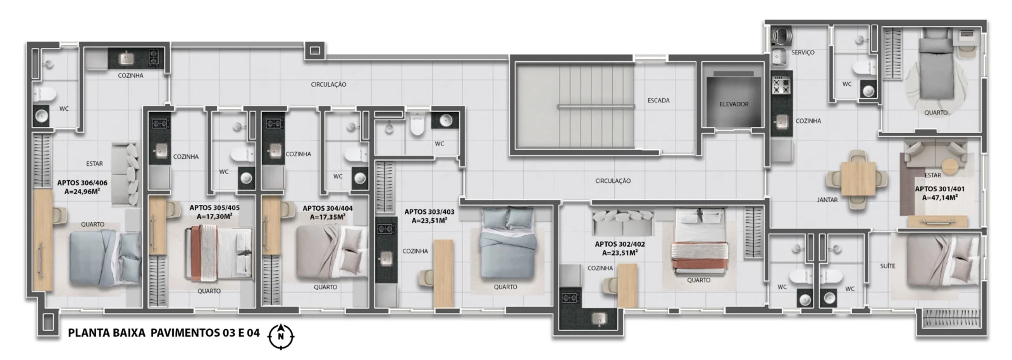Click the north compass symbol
(281, 336)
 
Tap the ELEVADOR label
(734, 104)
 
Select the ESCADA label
(658, 101)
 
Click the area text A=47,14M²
(940, 197)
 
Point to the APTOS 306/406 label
(82, 183)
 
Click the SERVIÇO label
(803, 53)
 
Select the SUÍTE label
(887, 266)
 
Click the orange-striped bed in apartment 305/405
(219, 253)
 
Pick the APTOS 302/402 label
(619, 244)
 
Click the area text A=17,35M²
(328, 217)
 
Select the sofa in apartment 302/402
(623, 222)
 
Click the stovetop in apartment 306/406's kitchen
(154, 58)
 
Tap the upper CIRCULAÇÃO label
(328, 85)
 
